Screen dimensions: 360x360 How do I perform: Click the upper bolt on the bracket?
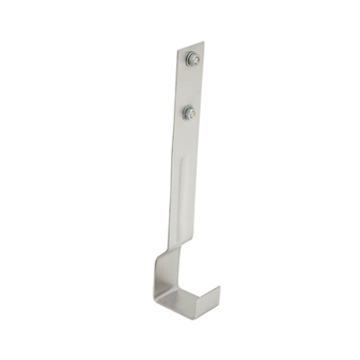[x=193, y=60]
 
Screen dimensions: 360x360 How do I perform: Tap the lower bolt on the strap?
[x=189, y=113]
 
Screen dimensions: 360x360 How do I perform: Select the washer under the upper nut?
[x=193, y=65]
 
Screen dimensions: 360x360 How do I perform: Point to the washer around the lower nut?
[x=190, y=117]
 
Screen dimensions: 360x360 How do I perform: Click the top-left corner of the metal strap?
[x=176, y=50]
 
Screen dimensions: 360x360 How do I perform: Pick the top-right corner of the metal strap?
[x=204, y=40]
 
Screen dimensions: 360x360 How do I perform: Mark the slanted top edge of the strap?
[x=190, y=46]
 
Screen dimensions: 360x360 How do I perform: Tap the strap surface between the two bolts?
[x=190, y=88]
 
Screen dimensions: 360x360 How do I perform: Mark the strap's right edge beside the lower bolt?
[x=200, y=113]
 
